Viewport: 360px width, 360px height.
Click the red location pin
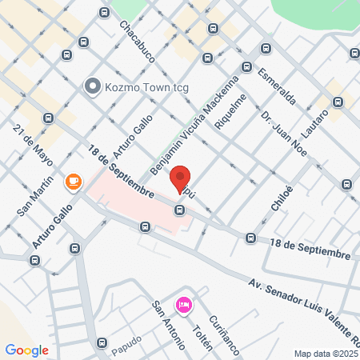coord(181,180)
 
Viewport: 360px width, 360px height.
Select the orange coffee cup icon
coord(74,182)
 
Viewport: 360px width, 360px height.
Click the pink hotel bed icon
coord(184,305)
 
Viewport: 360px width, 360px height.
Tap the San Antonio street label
coord(170,324)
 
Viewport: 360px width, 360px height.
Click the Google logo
coord(26,350)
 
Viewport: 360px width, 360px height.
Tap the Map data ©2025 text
coord(326,354)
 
